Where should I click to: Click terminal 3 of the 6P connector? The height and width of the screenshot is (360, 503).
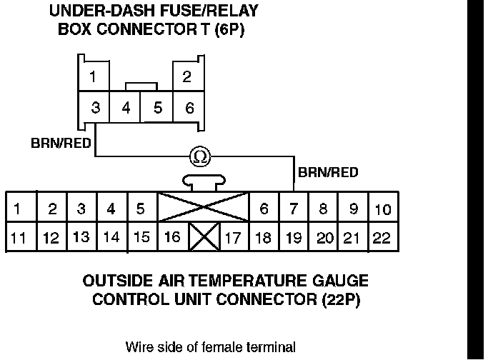pyautogui.click(x=96, y=109)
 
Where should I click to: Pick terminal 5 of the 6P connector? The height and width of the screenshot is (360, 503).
pyautogui.click(x=157, y=109)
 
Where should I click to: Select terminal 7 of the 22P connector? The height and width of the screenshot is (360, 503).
pyautogui.click(x=293, y=209)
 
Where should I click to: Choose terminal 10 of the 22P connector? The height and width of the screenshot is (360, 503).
pyautogui.click(x=382, y=209)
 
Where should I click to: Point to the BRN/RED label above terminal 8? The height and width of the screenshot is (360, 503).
pyautogui.click(x=328, y=172)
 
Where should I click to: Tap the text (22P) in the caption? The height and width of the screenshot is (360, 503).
pyautogui.click(x=339, y=299)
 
